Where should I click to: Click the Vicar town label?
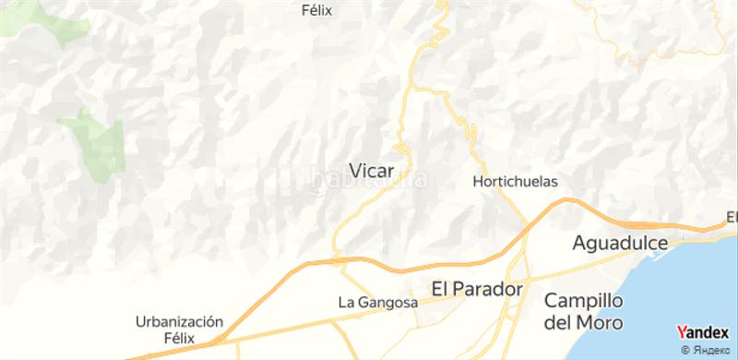pyautogui.click(x=373, y=170)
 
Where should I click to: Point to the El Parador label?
pyautogui.click(x=477, y=289)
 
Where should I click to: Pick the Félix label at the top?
pyautogui.click(x=316, y=11)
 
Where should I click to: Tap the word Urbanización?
pyautogui.click(x=180, y=321)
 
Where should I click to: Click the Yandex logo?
pyautogui.click(x=702, y=333)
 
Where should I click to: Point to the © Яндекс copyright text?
pyautogui.click(x=706, y=350)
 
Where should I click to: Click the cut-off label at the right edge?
pyautogui.click(x=732, y=218)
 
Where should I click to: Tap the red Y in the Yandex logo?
pyautogui.click(x=681, y=332)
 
